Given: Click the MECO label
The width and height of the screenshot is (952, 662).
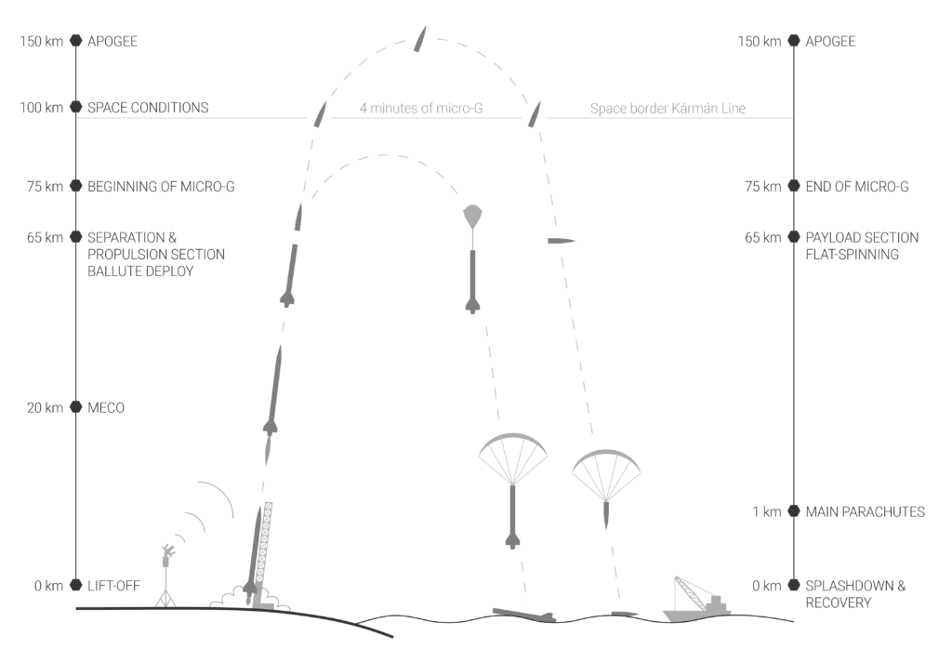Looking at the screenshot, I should (x=105, y=408).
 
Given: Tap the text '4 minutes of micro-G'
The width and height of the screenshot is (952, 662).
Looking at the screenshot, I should (x=421, y=109).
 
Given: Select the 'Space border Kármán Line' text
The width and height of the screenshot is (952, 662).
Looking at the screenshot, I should (x=668, y=109).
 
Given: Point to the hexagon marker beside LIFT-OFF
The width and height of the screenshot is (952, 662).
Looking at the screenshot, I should (x=76, y=586).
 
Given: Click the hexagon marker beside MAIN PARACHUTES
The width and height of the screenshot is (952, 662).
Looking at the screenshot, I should (x=793, y=511).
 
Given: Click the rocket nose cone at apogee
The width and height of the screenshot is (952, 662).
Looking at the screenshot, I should (x=421, y=40).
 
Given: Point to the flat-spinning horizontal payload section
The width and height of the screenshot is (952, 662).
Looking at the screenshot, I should (x=561, y=241).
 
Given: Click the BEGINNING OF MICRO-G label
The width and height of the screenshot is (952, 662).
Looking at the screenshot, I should (x=160, y=187).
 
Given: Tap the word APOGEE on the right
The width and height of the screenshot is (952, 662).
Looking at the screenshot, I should (x=830, y=42).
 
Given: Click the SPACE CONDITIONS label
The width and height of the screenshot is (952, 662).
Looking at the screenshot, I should (x=147, y=108).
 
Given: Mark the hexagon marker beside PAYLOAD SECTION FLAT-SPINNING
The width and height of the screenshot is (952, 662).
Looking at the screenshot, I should (x=793, y=238).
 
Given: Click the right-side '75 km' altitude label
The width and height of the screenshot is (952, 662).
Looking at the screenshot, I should (x=760, y=187).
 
